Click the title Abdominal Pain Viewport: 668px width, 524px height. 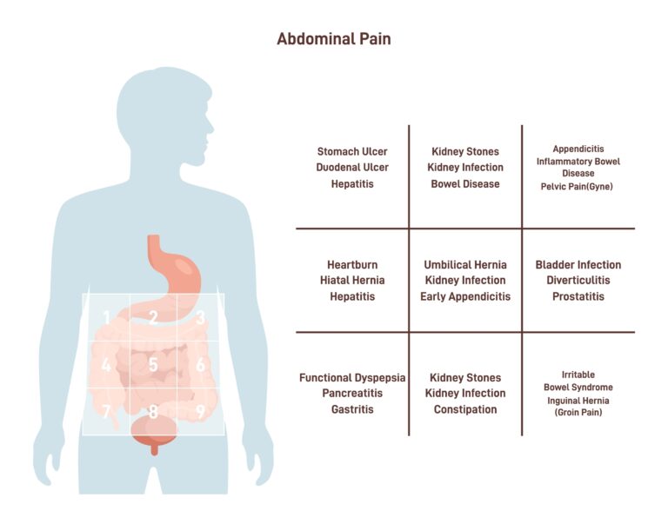click(334, 39)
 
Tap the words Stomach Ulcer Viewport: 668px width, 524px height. click(352, 151)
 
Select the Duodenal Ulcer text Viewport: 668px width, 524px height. click(352, 168)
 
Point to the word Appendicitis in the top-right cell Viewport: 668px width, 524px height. click(578, 149)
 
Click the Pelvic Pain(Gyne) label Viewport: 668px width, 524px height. click(577, 187)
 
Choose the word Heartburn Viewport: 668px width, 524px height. click(352, 265)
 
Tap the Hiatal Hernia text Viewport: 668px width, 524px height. click(352, 280)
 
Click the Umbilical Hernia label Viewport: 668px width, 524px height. click(465, 265)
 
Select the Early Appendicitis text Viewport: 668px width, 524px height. click(465, 296)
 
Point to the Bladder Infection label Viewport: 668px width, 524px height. click(578, 265)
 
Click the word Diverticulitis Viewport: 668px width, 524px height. click(578, 280)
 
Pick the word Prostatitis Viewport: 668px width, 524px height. click(578, 296)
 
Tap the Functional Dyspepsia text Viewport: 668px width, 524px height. click(352, 378)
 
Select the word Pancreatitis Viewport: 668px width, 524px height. click(352, 393)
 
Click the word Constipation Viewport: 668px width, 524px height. click(465, 409)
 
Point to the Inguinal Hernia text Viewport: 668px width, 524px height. click(578, 401)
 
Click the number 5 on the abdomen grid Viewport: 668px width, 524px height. click(153, 365)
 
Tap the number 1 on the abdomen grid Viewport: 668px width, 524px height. click(106, 317)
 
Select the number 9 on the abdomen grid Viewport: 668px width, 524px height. click(200, 411)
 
